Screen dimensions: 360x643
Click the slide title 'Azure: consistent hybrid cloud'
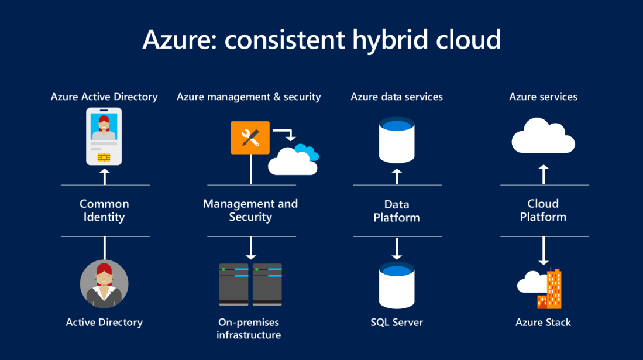pos(321,39)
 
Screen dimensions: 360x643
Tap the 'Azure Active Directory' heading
pos(104,97)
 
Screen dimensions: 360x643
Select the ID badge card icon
pos(104,139)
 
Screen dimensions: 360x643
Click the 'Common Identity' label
pos(104,210)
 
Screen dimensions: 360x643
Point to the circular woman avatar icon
pos(104,284)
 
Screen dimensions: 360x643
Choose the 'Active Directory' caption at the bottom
pos(104,323)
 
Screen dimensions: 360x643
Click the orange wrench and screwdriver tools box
pos(250,138)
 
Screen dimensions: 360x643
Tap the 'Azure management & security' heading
pos(249,97)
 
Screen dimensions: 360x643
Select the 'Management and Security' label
pos(250,210)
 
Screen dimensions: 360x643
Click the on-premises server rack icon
pos(250,284)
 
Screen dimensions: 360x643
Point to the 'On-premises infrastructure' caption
pos(249,328)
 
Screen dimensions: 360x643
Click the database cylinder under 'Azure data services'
pos(397,140)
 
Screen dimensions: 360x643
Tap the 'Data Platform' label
pos(397,211)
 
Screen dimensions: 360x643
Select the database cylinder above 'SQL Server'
pos(397,285)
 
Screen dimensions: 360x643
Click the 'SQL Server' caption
pos(397,323)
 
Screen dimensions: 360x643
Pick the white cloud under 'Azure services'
pos(543,136)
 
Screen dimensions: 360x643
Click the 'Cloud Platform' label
pos(543,210)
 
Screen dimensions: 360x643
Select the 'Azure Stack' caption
pos(543,323)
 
